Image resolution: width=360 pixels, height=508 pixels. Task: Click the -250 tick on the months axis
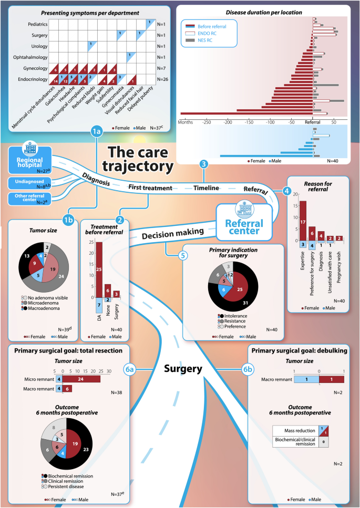pos(207,122)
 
